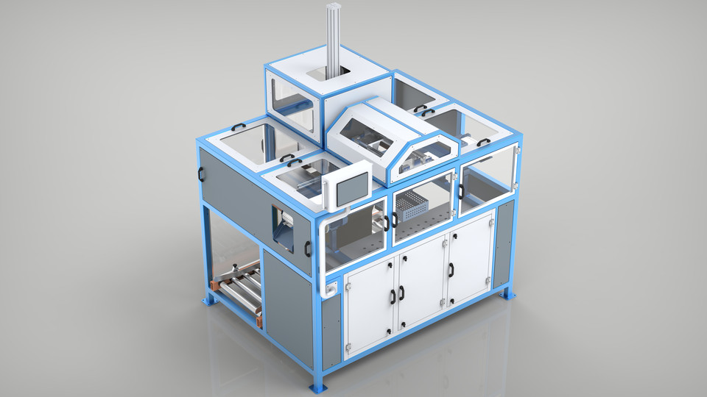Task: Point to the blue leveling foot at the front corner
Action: pos(318,385)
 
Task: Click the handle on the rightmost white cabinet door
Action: pos(451,270)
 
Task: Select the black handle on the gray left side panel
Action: pos(200,174)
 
